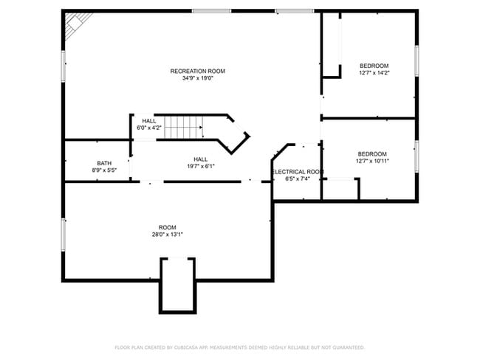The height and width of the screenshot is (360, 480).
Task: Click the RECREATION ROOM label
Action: [197, 71]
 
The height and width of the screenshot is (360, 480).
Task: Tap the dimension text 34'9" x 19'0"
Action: [197, 78]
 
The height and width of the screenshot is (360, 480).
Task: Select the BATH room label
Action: [104, 163]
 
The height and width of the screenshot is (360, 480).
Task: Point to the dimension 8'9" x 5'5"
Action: [104, 170]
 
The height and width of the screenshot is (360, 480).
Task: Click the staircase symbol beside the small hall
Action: [182, 127]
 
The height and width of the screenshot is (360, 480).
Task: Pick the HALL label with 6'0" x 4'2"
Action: [149, 120]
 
